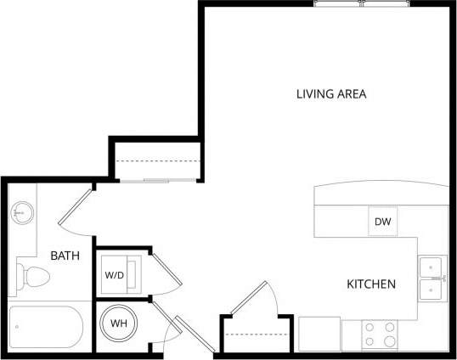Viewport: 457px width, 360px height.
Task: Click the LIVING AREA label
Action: pyautogui.click(x=330, y=93)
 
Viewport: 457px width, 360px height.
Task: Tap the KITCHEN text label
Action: pyautogui.click(x=370, y=284)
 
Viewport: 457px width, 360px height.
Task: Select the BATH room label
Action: pyautogui.click(x=65, y=255)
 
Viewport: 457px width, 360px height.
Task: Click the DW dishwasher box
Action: pyautogui.click(x=382, y=222)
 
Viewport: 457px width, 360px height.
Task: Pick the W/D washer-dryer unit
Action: pyautogui.click(x=115, y=275)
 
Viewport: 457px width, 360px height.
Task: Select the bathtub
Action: pyautogui.click(x=47, y=327)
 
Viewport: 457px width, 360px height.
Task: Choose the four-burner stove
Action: pyautogui.click(x=381, y=335)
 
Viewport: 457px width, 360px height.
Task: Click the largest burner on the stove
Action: pyautogui.click(x=389, y=341)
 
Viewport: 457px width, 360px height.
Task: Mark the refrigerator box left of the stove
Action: pyautogui.click(x=319, y=334)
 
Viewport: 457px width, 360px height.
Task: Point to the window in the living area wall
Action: pyautogui.click(x=363, y=3)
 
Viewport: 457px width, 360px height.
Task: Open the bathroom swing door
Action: pyautogui.click(x=75, y=208)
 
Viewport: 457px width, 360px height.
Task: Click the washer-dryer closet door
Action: pyautogui.click(x=166, y=272)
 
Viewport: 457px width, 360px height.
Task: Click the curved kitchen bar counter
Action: pyautogui.click(x=381, y=194)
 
